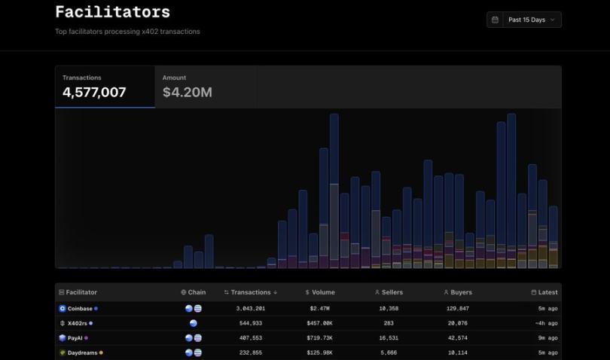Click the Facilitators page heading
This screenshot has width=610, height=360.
click(x=112, y=12)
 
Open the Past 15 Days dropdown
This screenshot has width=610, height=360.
click(x=524, y=20)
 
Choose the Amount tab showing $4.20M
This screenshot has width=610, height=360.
click(x=188, y=87)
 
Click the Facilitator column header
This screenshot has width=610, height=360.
click(x=81, y=292)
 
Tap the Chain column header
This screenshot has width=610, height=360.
click(x=194, y=292)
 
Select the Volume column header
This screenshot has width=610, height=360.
click(x=320, y=292)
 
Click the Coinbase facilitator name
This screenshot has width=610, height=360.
click(x=80, y=309)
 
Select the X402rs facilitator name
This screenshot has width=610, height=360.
click(x=78, y=323)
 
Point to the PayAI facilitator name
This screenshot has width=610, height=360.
click(x=75, y=338)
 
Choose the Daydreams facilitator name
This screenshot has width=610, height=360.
click(x=82, y=352)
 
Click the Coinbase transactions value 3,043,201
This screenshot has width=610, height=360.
click(x=250, y=309)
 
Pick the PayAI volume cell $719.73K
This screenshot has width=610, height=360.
click(x=320, y=338)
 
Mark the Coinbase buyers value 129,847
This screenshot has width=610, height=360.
click(x=456, y=309)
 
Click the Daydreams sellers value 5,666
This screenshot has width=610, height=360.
click(x=389, y=352)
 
